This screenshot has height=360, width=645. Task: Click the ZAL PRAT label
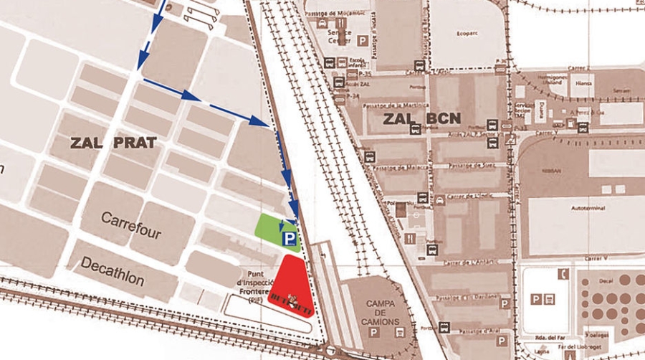[114, 141]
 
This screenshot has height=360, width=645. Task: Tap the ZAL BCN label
[421, 118]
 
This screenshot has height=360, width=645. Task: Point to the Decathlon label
[113, 271]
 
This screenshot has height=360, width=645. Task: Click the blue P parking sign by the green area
[290, 237]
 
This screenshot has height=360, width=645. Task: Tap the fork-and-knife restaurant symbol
[409, 237]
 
